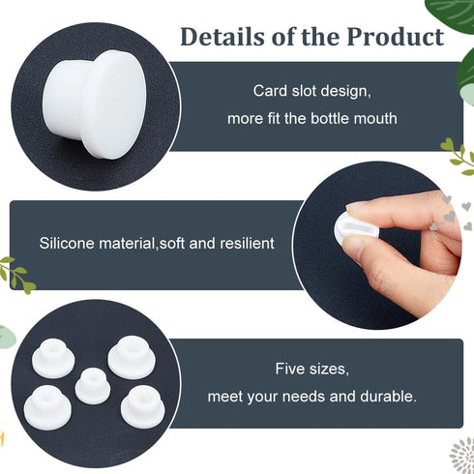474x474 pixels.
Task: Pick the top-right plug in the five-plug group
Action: coord(131,357)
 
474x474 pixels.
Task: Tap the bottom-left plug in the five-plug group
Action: coord(46,402)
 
